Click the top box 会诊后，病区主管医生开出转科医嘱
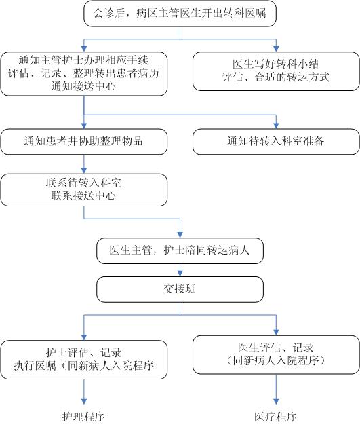(180, 14)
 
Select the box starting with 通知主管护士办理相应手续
(84, 74)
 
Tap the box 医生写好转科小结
(276, 71)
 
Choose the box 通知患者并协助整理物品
(84, 142)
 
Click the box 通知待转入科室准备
(276, 142)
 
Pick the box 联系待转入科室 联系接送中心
(84, 189)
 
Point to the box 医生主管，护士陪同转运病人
(180, 250)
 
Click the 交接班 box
(180, 289)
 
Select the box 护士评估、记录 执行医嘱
(84, 360)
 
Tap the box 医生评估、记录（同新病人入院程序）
(276, 354)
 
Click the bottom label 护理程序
(84, 417)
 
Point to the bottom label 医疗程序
(276, 417)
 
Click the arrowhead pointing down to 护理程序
(84, 401)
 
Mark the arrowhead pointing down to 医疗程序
(276, 401)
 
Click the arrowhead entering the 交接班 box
(180, 274)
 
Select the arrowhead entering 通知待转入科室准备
(276, 126)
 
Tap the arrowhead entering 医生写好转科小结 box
(276, 49)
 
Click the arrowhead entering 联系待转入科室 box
(84, 170)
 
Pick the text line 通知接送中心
(83, 86)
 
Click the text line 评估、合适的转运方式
(276, 77)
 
